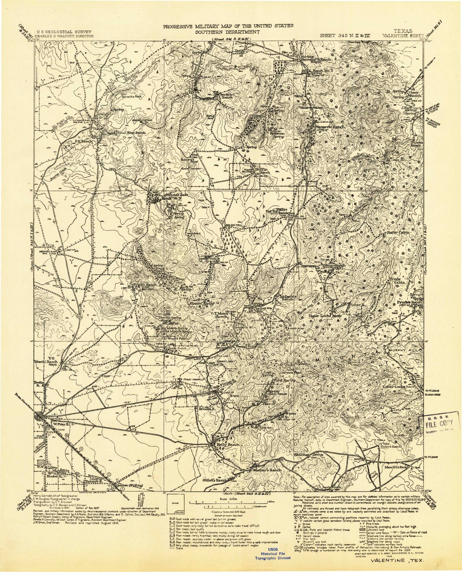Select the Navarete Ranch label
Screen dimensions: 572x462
click(331, 127)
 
